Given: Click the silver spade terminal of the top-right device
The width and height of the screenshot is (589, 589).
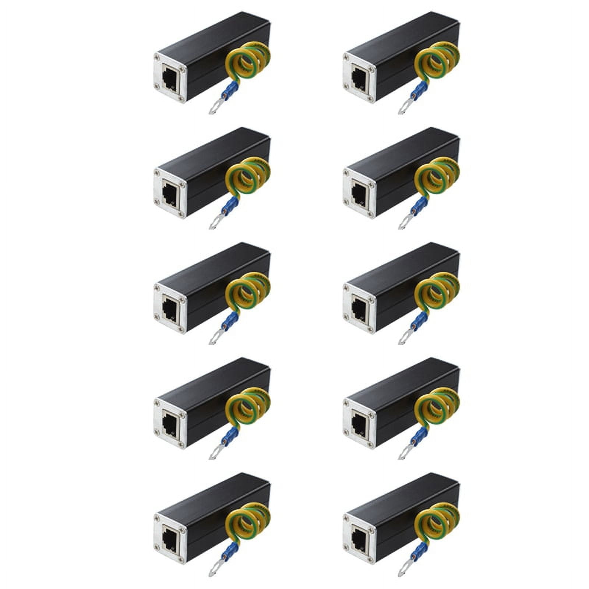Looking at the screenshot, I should pos(403,107).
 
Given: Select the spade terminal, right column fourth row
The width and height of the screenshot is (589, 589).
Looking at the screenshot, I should pos(403,453).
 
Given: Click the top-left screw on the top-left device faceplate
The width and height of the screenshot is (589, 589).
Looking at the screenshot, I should pos(158,57).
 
